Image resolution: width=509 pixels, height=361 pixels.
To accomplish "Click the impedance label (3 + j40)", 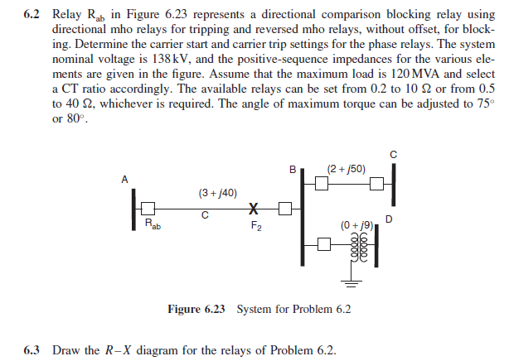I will [x=218, y=193].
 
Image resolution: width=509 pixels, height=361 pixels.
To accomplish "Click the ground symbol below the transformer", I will [x=350, y=284].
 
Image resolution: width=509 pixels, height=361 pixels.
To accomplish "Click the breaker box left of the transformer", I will [x=324, y=245].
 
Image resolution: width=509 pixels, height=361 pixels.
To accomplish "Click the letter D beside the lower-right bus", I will [x=389, y=219].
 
